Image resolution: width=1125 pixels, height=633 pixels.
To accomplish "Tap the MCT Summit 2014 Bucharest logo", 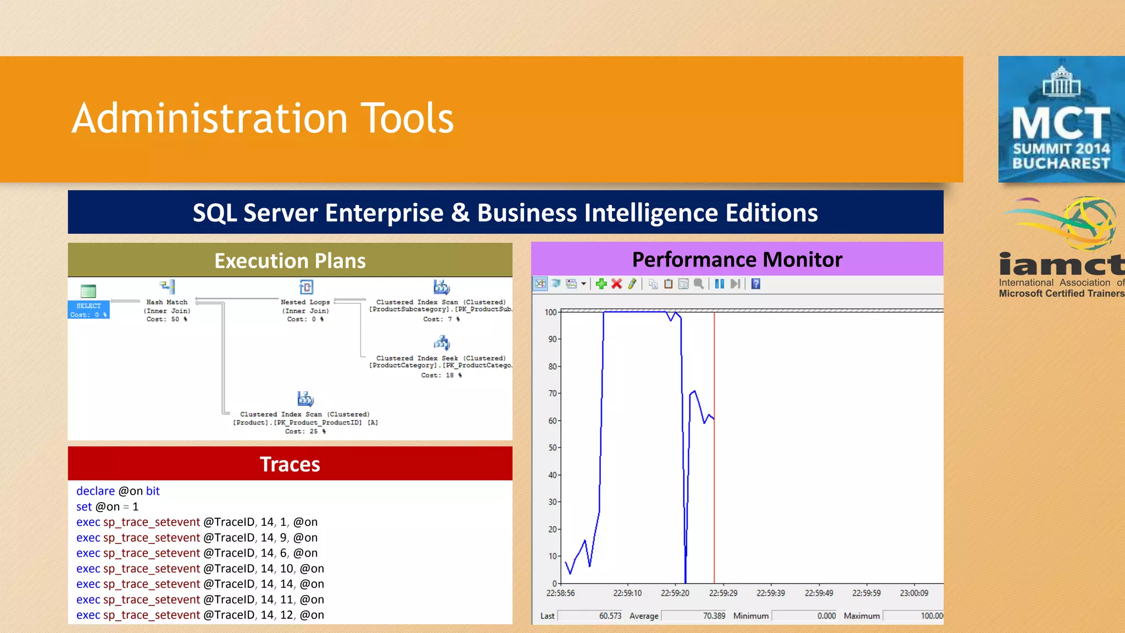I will click(1061, 119).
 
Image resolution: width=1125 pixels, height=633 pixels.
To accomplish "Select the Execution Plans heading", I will click(290, 260).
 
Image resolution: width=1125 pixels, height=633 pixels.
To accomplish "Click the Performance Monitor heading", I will click(737, 259).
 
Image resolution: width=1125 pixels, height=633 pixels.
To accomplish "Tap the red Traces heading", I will click(290, 464).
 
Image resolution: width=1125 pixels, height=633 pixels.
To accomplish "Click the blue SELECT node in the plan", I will click(88, 309).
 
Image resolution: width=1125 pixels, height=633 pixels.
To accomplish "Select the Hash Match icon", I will click(168, 287).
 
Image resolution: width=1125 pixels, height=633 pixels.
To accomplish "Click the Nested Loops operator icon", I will click(305, 287).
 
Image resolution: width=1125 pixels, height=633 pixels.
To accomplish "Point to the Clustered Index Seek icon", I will click(442, 343).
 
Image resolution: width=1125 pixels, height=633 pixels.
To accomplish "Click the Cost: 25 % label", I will click(305, 431).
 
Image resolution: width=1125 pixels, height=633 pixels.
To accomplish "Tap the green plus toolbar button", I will click(602, 284).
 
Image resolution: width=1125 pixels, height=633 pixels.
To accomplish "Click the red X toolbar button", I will click(617, 284).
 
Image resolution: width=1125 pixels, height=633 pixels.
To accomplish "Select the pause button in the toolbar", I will click(719, 284).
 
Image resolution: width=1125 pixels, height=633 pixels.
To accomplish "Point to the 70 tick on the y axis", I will click(552, 393).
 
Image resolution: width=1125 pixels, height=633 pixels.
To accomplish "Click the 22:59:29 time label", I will click(723, 593).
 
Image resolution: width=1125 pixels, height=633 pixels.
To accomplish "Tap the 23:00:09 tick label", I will click(914, 593).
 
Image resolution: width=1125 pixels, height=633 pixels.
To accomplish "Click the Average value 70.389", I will click(714, 616).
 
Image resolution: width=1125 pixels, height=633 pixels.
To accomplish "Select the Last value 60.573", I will click(610, 616).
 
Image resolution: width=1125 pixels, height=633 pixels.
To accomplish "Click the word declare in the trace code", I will click(96, 491).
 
